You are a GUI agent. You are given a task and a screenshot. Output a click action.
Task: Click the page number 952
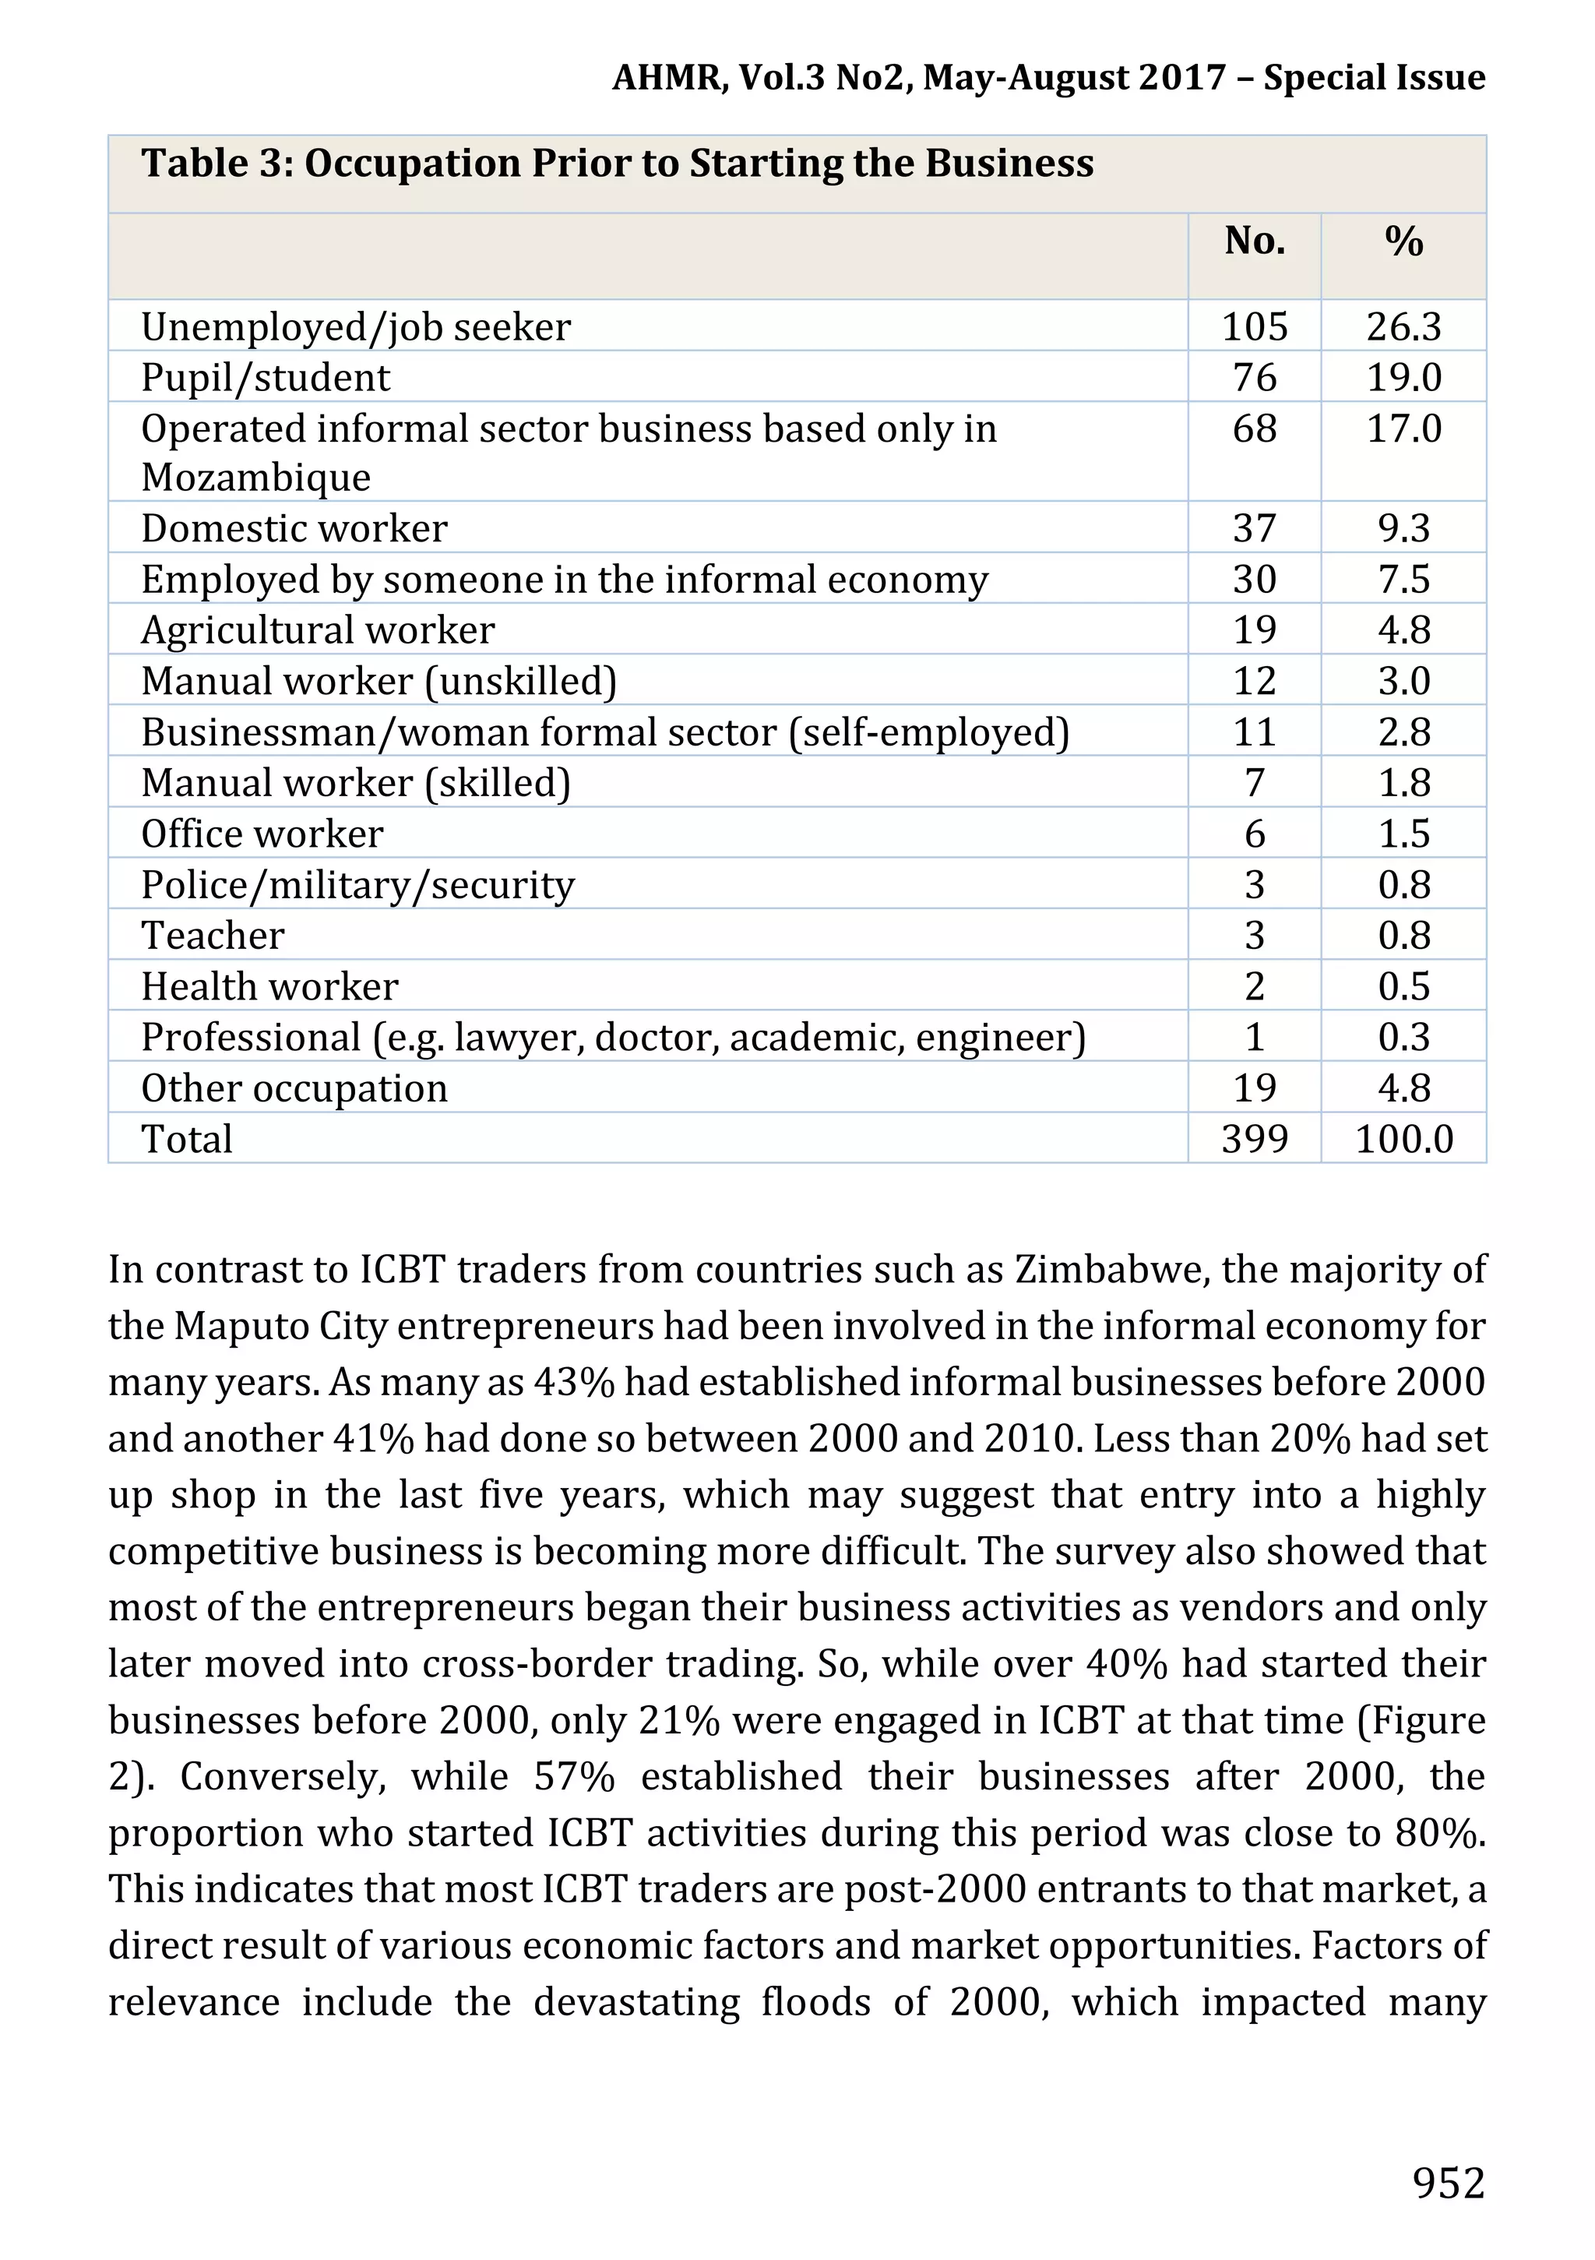pos(1447,2182)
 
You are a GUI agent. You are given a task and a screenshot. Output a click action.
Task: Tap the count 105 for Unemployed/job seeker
pos(1255,326)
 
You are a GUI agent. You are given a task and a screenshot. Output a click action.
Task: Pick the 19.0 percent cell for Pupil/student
pos(1403,378)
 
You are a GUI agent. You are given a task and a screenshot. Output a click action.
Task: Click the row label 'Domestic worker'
pos(294,529)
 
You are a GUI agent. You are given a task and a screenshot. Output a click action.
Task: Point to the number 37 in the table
pos(1255,529)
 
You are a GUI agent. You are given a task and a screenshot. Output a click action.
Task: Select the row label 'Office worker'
pos(262,834)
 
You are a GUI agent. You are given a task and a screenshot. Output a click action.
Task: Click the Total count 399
pos(1255,1139)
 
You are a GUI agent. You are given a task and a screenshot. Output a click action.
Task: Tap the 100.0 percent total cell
pos(1403,1139)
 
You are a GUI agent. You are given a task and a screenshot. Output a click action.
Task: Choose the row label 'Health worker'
pos(269,986)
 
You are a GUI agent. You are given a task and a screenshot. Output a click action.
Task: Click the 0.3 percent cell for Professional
pos(1403,1038)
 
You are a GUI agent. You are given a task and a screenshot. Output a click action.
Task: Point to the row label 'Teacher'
pos(213,935)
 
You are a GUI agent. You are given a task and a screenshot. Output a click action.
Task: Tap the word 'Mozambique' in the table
pos(255,478)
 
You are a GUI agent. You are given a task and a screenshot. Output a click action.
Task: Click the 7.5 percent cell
pos(1403,580)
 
